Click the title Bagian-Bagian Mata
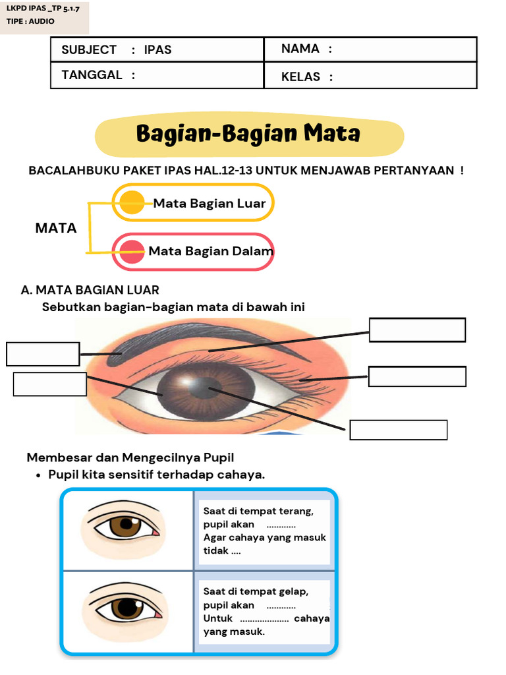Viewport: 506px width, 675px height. (x=248, y=134)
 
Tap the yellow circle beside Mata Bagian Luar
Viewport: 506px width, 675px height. (x=132, y=202)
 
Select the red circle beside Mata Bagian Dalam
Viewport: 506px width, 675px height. (x=133, y=251)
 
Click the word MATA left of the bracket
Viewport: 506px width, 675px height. (x=56, y=229)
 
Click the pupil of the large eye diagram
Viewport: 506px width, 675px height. (x=206, y=386)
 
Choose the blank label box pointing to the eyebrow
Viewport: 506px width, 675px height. (x=43, y=354)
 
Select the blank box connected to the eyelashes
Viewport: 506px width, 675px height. (x=417, y=376)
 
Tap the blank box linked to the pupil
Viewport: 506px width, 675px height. (x=399, y=430)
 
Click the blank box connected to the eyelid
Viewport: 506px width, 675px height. (x=418, y=330)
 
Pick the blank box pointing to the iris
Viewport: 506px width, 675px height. (x=49, y=384)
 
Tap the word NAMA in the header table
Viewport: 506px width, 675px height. (x=300, y=49)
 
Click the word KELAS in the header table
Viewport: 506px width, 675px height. (x=300, y=77)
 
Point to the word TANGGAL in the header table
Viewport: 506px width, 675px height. (x=92, y=75)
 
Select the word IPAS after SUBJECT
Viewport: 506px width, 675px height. (x=157, y=50)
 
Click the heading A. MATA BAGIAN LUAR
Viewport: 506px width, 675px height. (x=90, y=290)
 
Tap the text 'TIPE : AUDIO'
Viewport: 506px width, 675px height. (x=30, y=21)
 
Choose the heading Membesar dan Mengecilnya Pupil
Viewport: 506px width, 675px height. (x=130, y=457)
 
